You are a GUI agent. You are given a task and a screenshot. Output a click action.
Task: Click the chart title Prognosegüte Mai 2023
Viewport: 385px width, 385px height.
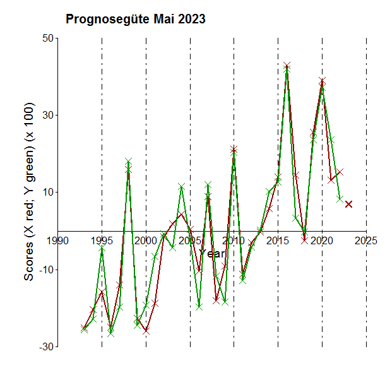[135, 20]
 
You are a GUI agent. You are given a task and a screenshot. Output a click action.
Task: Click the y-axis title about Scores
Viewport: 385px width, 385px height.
[28, 192]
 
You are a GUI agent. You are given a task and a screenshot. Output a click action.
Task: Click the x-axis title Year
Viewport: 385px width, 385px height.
[212, 253]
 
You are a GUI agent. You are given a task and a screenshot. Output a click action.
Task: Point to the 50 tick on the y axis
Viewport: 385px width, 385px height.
[45, 38]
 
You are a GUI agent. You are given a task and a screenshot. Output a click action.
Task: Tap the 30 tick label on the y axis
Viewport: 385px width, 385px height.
[45, 115]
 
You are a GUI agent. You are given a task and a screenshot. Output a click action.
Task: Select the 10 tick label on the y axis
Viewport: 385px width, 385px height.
[45, 192]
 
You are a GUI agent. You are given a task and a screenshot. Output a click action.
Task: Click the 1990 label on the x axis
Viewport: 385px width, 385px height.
[58, 240]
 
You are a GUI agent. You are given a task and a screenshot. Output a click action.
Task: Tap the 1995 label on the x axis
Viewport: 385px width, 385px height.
[102, 240]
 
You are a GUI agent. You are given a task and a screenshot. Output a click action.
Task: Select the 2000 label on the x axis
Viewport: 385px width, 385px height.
[146, 240]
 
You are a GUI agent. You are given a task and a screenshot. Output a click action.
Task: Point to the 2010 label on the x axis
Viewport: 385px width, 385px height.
[234, 240]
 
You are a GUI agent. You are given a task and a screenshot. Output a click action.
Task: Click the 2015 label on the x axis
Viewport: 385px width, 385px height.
[278, 240]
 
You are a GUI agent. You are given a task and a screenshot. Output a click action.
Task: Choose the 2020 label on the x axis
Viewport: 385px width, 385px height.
[322, 240]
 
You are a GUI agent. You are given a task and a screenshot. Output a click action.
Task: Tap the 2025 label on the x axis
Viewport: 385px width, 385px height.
[366, 240]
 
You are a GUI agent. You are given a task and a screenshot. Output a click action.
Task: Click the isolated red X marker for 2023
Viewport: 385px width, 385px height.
[348, 204]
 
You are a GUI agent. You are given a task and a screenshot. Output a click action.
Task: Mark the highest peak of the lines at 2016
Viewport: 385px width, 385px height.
[287, 66]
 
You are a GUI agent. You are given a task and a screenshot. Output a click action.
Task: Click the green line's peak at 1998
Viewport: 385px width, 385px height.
[128, 162]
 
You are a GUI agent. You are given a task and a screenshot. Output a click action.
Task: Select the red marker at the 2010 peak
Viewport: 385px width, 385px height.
[234, 150]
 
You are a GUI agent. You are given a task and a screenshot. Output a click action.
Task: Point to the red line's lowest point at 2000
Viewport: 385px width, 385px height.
[146, 329]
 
